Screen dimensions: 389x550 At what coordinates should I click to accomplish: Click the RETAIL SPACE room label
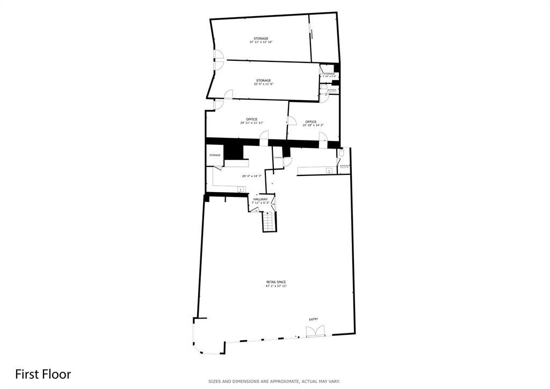[x=276, y=282]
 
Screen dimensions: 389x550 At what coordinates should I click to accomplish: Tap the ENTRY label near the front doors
[x=313, y=319]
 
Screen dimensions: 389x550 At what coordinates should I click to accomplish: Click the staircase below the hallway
[x=268, y=221]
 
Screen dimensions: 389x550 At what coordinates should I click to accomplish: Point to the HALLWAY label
[x=260, y=199]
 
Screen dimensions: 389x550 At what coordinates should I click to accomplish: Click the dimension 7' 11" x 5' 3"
[x=260, y=203]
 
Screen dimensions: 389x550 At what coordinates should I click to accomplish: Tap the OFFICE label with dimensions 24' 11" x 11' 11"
[x=251, y=119]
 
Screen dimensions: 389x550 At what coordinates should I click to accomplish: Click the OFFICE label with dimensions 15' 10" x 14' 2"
[x=310, y=122]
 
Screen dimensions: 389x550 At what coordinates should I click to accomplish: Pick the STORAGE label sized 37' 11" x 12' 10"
[x=261, y=38]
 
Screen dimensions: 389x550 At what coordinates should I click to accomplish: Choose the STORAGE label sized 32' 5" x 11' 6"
[x=263, y=81]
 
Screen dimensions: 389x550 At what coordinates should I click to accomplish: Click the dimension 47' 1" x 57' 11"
[x=276, y=286]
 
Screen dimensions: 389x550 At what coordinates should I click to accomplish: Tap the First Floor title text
[x=43, y=374]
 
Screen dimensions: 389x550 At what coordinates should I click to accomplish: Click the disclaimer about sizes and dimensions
[x=274, y=381]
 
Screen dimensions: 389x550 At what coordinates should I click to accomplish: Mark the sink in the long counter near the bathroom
[x=329, y=171]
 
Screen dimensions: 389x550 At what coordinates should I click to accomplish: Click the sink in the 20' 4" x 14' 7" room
[x=241, y=189]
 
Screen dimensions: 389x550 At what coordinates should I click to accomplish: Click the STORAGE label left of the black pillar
[x=215, y=155]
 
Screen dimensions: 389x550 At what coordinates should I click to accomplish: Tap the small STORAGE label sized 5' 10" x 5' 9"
[x=329, y=74]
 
